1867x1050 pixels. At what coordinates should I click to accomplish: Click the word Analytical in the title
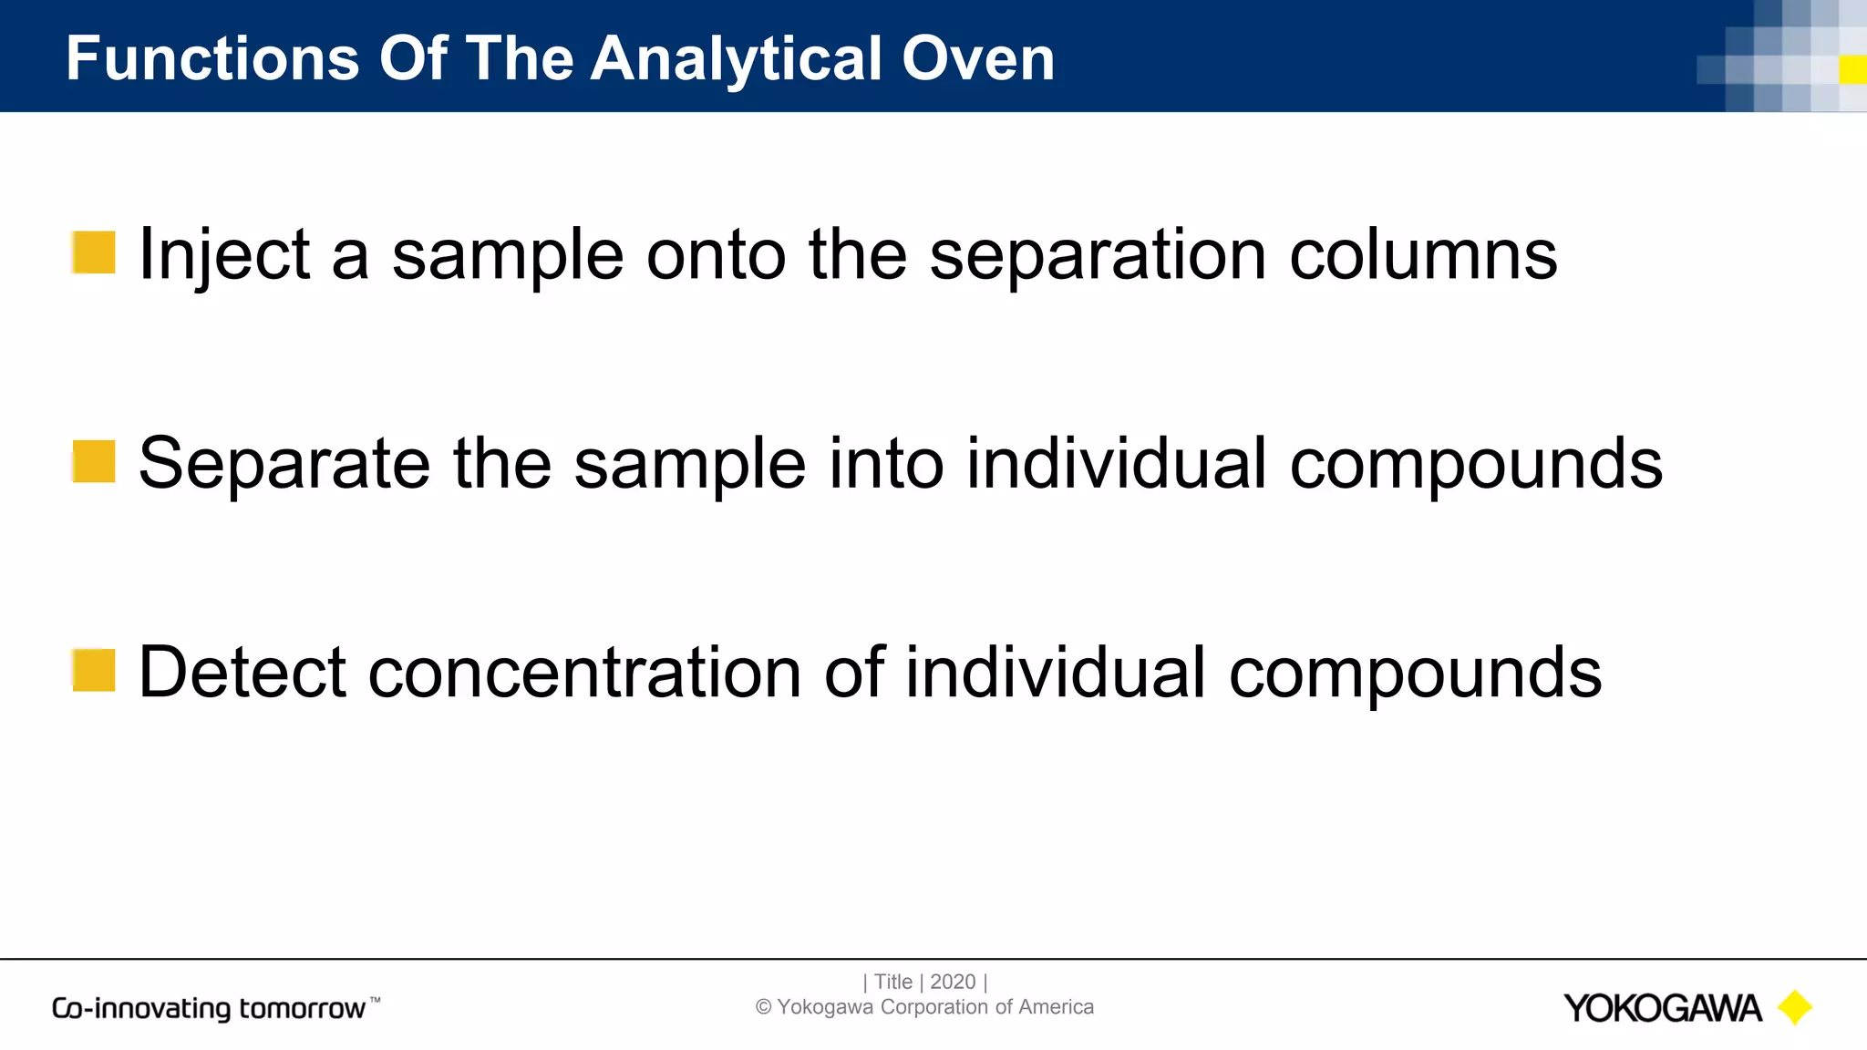(x=738, y=58)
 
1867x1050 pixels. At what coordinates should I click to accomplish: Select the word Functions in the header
(x=212, y=58)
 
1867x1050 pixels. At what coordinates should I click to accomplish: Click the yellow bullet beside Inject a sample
(x=94, y=252)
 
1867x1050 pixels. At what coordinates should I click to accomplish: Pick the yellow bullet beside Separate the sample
(x=94, y=461)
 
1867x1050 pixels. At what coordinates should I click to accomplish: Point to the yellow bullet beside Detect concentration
(x=94, y=670)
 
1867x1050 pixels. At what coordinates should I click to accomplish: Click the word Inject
(x=223, y=255)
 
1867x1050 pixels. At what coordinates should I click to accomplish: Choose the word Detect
(x=242, y=673)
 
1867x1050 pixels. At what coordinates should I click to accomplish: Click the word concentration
(x=584, y=673)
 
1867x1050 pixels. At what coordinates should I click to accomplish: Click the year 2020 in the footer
(x=953, y=982)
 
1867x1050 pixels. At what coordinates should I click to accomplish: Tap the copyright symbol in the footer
(x=764, y=1007)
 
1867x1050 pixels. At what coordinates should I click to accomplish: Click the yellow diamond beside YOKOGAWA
(x=1794, y=1007)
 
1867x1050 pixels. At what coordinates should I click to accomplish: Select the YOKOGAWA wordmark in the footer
(x=1661, y=1008)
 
